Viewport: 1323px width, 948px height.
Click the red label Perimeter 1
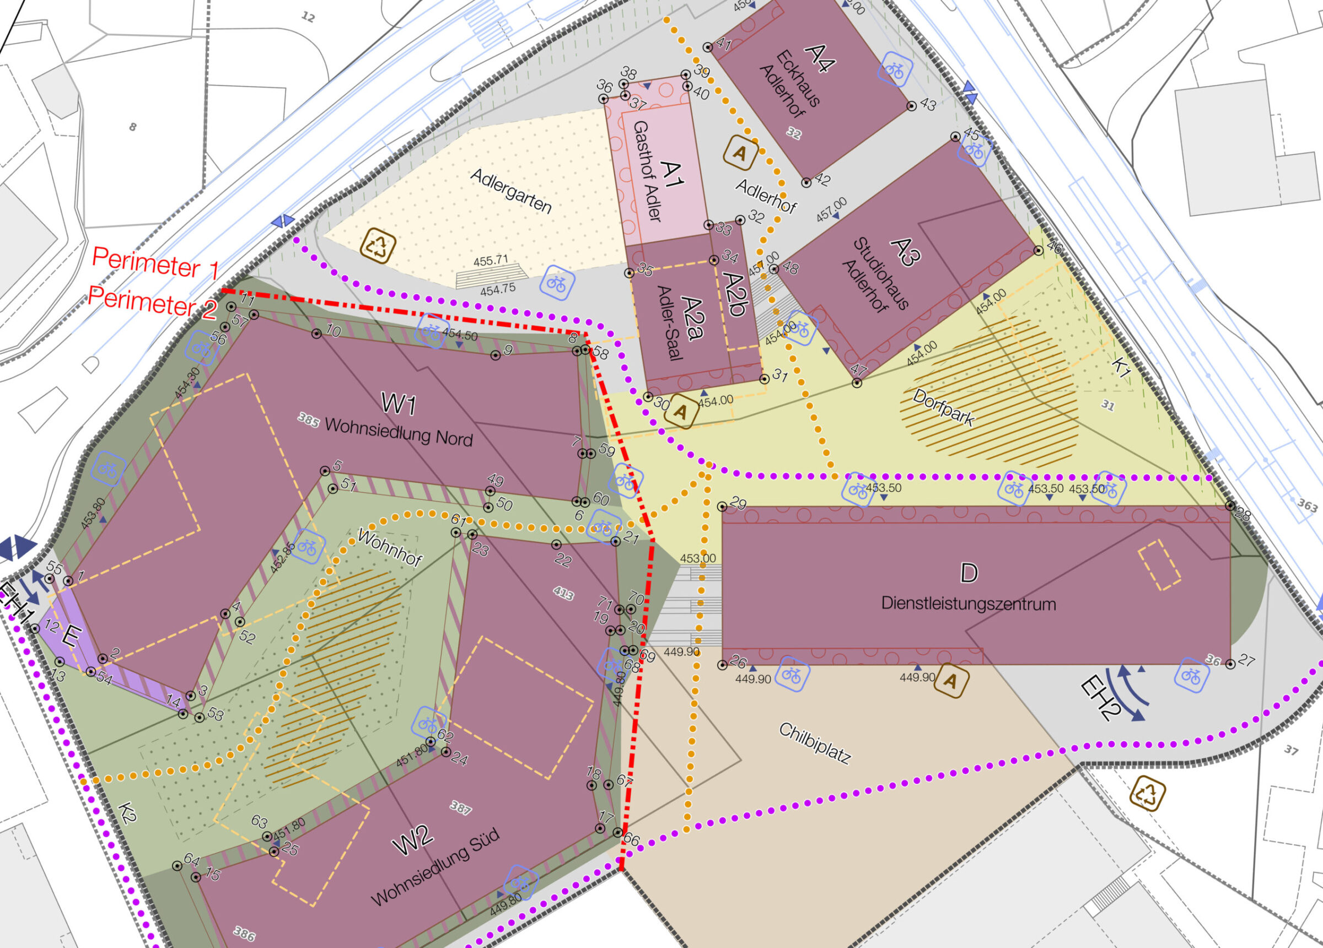pos(155,262)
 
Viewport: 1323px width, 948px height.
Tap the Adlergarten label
pos(510,191)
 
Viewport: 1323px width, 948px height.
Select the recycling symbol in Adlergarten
pos(378,246)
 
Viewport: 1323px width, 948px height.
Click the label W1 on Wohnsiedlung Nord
pos(399,403)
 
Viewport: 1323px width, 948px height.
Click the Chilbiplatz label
pos(814,743)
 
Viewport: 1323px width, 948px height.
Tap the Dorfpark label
pos(943,407)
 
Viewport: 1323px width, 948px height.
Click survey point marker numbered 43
pos(911,106)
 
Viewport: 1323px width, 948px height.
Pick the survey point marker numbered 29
pos(722,507)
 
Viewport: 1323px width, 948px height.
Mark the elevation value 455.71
pos(491,261)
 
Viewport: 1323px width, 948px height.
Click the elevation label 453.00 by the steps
pos(698,558)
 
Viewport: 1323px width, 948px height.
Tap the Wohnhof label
pos(389,547)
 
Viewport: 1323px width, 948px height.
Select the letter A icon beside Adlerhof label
pos(740,153)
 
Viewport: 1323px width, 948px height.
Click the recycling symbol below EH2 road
pos(1147,794)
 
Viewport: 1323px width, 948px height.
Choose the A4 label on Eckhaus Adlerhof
pos(820,58)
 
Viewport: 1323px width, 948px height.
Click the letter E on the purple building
pos(69,636)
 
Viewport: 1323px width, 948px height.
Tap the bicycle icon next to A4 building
pos(894,69)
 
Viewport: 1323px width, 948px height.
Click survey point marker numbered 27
pos(1230,664)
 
